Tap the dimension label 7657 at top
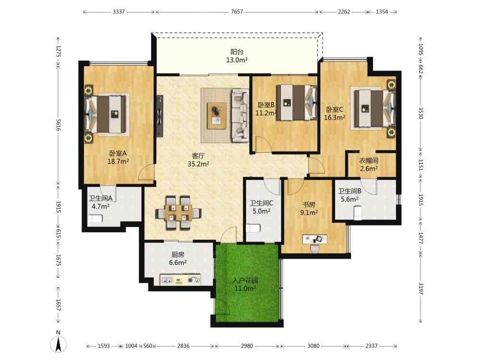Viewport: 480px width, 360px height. tap(237, 12)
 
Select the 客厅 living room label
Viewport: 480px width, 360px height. tap(198, 156)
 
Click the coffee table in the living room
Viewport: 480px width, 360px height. tap(217, 116)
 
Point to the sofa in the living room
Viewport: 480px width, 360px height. tap(240, 115)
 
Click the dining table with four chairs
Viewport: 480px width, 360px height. tap(179, 213)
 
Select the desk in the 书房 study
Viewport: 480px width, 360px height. tap(315, 239)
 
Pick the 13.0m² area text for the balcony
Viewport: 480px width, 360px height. tap(237, 60)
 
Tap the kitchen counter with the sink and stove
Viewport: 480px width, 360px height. tap(180, 279)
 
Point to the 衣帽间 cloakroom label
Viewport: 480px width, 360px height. tap(369, 161)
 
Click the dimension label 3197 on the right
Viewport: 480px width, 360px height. tap(420, 288)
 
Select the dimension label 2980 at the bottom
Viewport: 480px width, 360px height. tap(247, 346)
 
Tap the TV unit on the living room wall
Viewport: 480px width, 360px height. tap(160, 116)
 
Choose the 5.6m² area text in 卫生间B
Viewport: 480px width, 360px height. tap(349, 199)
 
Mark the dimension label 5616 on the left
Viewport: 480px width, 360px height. tap(58, 125)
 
